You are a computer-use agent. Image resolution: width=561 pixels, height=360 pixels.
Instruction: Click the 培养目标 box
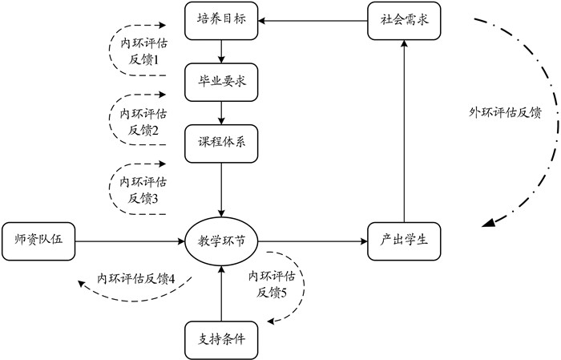(221, 20)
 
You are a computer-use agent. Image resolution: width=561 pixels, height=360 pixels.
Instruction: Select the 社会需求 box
(404, 20)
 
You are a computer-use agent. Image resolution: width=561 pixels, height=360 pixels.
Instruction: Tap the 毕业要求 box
(221, 81)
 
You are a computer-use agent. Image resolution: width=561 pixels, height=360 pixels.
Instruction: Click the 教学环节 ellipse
(221, 239)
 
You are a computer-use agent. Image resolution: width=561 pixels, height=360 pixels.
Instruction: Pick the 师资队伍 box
(38, 239)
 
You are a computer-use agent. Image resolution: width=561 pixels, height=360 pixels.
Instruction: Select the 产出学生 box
(404, 239)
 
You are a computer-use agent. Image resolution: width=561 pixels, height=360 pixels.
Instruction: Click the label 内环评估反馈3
(139, 190)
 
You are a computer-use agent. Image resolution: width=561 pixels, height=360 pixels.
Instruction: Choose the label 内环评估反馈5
(273, 285)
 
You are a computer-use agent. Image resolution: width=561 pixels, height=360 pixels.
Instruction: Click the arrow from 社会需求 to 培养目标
(313, 20)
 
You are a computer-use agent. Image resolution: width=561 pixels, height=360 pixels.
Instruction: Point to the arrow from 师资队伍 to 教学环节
(128, 239)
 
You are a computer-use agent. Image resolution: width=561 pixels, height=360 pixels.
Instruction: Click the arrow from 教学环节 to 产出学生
(313, 239)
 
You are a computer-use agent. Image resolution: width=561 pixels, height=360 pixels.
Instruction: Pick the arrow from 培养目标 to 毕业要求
(221, 51)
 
